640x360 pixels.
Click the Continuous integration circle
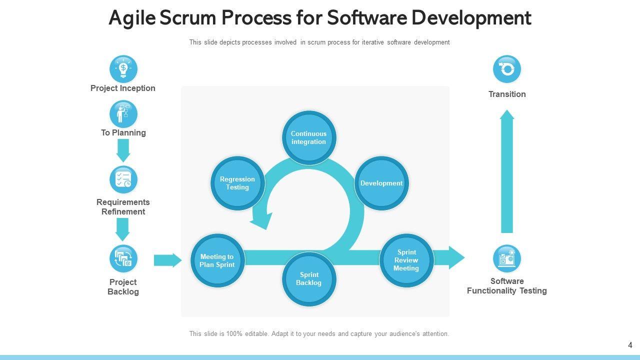click(308, 137)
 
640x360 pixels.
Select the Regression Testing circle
click(237, 183)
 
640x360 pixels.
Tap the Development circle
click(381, 183)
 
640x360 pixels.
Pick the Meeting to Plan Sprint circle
click(217, 260)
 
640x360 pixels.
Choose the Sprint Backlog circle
click(309, 278)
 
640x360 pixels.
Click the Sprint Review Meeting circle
click(406, 260)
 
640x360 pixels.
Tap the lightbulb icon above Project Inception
click(123, 69)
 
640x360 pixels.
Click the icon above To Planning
click(123, 114)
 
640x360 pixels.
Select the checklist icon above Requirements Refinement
click(123, 179)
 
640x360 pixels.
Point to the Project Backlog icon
click(123, 258)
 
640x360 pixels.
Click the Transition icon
click(507, 69)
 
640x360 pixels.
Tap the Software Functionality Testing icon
click(507, 258)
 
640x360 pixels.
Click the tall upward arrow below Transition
click(507, 172)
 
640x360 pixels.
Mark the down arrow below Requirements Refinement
click(123, 229)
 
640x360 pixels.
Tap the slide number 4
click(630, 345)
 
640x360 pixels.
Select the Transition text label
click(507, 94)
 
